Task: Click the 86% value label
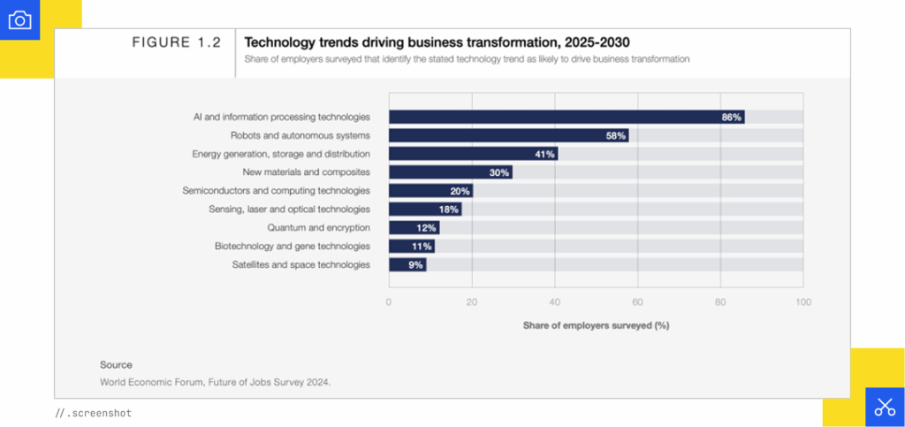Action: tap(731, 117)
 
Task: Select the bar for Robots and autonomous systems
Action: tap(508, 135)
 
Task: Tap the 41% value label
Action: tap(544, 154)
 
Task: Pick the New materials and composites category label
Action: tap(306, 172)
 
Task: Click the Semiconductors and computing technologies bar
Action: tap(430, 191)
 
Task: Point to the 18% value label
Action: tap(449, 210)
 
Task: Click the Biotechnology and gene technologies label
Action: tap(293, 246)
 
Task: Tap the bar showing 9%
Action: tap(407, 264)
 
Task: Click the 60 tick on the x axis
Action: tap(637, 302)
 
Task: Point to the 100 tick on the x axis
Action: tap(802, 302)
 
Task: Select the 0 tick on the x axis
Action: tap(389, 302)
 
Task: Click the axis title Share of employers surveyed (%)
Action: tap(596, 325)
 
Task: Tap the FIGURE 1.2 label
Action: tap(177, 42)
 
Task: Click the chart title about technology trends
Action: tap(437, 42)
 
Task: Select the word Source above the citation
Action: tap(116, 364)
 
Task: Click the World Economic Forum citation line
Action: tap(215, 382)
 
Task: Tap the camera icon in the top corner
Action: tap(19, 19)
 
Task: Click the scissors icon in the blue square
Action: tap(885, 407)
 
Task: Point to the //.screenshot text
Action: tap(93, 413)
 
